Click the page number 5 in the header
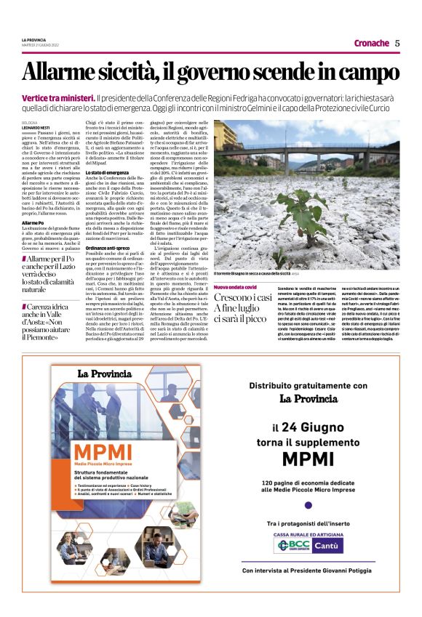[x=397, y=43]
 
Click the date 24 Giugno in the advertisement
[x=319, y=427]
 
